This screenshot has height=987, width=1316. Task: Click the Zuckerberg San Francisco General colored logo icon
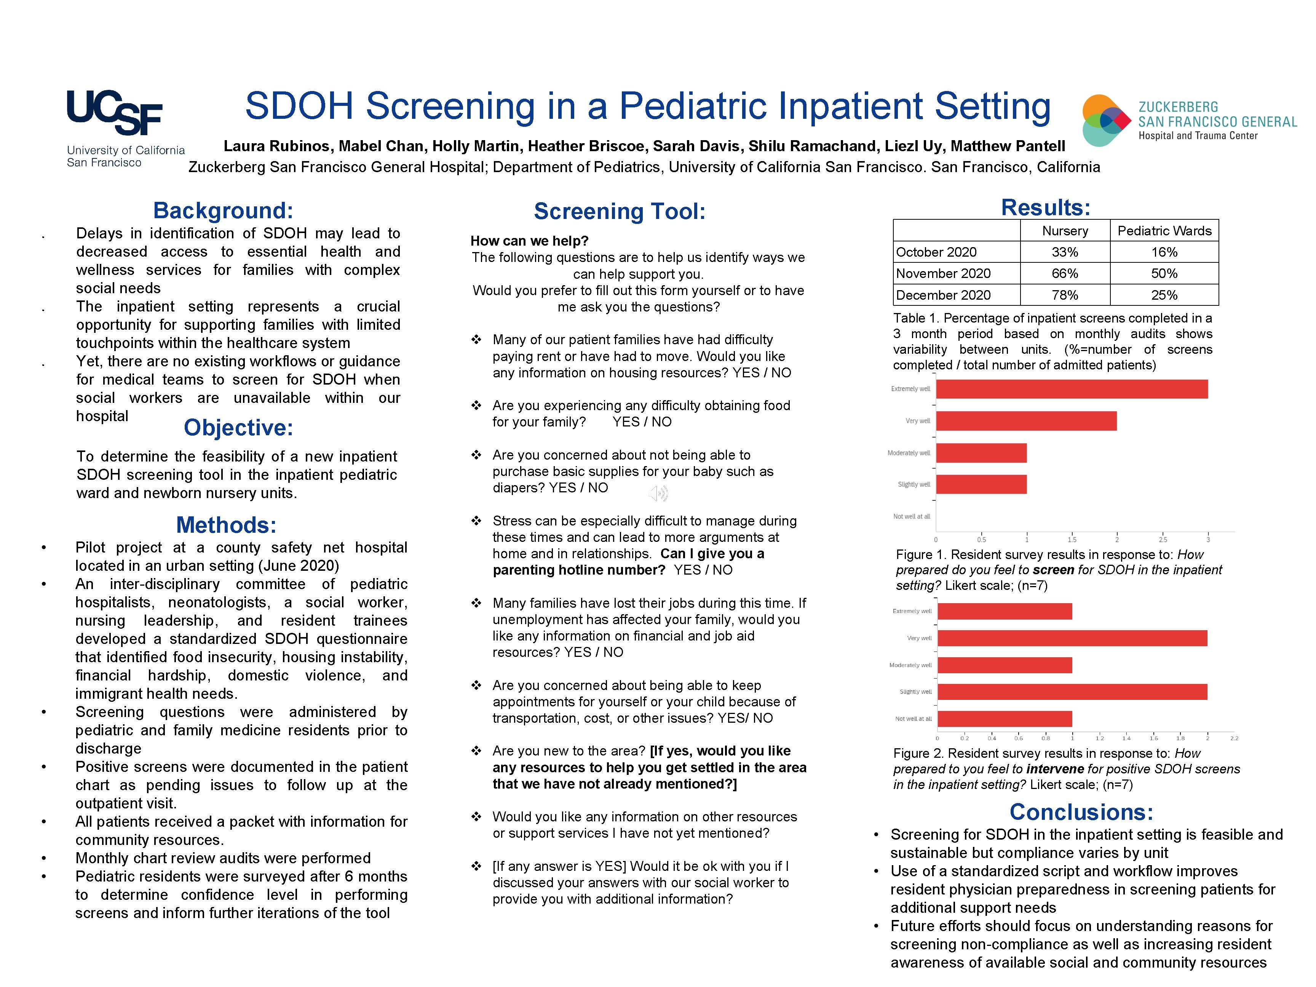coord(1105,120)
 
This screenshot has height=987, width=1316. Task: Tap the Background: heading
coord(223,211)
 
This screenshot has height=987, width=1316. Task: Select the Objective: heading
coord(238,428)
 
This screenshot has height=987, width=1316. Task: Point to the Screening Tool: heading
coord(619,212)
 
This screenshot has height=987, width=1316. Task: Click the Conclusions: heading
coord(1081,812)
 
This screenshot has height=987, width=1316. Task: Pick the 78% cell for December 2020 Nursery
coord(1064,295)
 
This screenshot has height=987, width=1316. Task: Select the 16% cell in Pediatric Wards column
coord(1164,252)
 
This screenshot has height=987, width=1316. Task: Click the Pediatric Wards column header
coord(1164,231)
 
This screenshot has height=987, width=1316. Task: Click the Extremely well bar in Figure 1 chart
coord(1071,389)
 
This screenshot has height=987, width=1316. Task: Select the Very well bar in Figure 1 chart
coord(1026,421)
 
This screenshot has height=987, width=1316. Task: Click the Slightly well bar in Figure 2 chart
coord(1071,692)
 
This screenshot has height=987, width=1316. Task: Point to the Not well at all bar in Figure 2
coord(1004,719)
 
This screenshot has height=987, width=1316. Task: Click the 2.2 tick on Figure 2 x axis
coord(1234,738)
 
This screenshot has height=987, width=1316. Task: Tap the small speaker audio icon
coord(658,493)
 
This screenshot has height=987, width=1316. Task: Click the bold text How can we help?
coord(529,241)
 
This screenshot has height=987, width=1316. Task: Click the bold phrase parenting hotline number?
coord(578,570)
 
